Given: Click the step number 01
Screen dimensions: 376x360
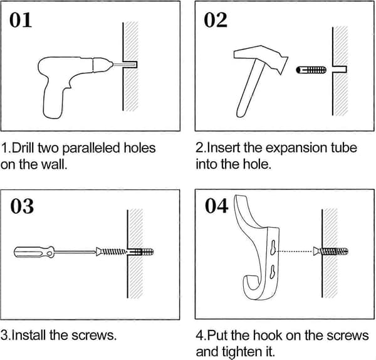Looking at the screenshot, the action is click(x=21, y=20).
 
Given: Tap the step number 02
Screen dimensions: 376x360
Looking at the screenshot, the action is click(x=216, y=20).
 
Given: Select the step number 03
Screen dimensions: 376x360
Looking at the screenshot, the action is click(x=22, y=206).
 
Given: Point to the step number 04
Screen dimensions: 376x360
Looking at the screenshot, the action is click(x=217, y=206).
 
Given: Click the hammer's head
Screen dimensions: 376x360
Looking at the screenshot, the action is click(x=261, y=58).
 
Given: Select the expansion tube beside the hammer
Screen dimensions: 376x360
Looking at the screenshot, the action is click(x=311, y=70).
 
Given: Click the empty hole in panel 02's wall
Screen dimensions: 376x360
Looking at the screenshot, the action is click(x=340, y=70).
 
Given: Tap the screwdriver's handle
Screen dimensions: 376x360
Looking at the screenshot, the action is click(x=34, y=252).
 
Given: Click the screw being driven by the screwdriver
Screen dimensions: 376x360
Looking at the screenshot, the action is click(x=111, y=251).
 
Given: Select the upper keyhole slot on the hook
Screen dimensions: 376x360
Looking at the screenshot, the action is click(x=273, y=247).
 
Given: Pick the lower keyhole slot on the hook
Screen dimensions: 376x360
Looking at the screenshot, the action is click(x=273, y=272).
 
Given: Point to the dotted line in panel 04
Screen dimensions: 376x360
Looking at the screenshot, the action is click(x=295, y=251).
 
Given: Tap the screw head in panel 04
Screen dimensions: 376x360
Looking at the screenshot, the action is click(x=316, y=251).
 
